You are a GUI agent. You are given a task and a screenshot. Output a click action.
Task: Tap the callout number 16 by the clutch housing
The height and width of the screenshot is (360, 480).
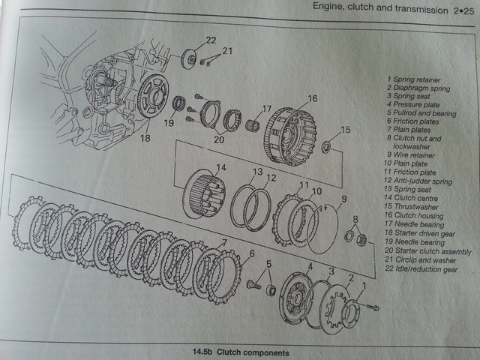[x=312, y=98]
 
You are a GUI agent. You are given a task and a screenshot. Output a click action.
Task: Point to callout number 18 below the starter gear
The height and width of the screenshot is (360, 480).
[x=145, y=139]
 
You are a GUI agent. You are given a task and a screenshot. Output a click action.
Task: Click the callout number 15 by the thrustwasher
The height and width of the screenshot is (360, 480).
[x=346, y=130]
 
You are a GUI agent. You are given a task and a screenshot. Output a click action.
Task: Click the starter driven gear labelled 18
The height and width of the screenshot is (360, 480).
[x=153, y=97]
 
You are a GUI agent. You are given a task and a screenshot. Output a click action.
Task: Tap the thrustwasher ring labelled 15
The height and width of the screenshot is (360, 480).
[x=328, y=145]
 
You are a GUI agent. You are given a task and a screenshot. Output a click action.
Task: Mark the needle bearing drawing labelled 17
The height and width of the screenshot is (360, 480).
[x=253, y=123]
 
